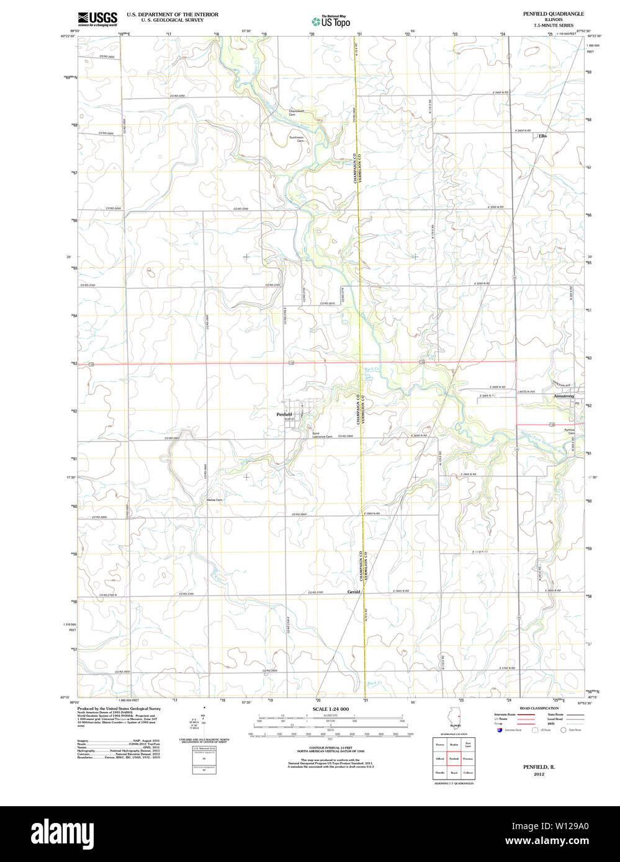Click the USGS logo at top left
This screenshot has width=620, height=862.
97,19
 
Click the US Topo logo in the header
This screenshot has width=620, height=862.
331,20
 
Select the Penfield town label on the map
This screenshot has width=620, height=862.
284,414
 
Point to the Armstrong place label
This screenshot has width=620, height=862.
564,396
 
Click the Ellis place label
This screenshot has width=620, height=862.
543,136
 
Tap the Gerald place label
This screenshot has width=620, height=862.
353,592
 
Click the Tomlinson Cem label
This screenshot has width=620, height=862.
296,140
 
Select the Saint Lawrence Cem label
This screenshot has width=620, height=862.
322,435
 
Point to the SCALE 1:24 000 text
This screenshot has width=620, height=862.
330,709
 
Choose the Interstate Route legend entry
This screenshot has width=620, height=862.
505,714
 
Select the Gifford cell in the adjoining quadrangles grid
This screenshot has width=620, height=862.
439,758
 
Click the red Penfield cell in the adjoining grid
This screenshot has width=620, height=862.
454,758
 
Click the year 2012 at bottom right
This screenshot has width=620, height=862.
538,774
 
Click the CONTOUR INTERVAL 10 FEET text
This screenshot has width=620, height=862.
330,747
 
